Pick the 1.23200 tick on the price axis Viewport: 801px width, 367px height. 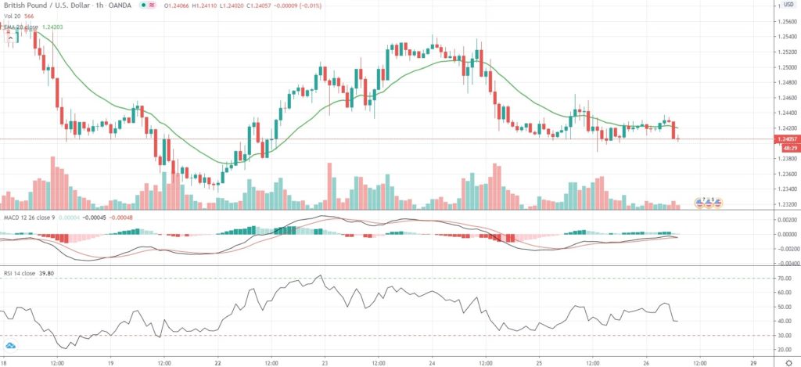coord(785,204)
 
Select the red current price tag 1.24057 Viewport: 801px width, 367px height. coord(785,139)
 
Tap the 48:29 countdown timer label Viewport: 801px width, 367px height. coord(785,147)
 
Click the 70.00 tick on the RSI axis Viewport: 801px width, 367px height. coord(783,278)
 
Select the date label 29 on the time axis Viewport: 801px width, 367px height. coord(753,363)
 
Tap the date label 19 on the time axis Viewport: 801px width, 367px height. coord(110,363)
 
